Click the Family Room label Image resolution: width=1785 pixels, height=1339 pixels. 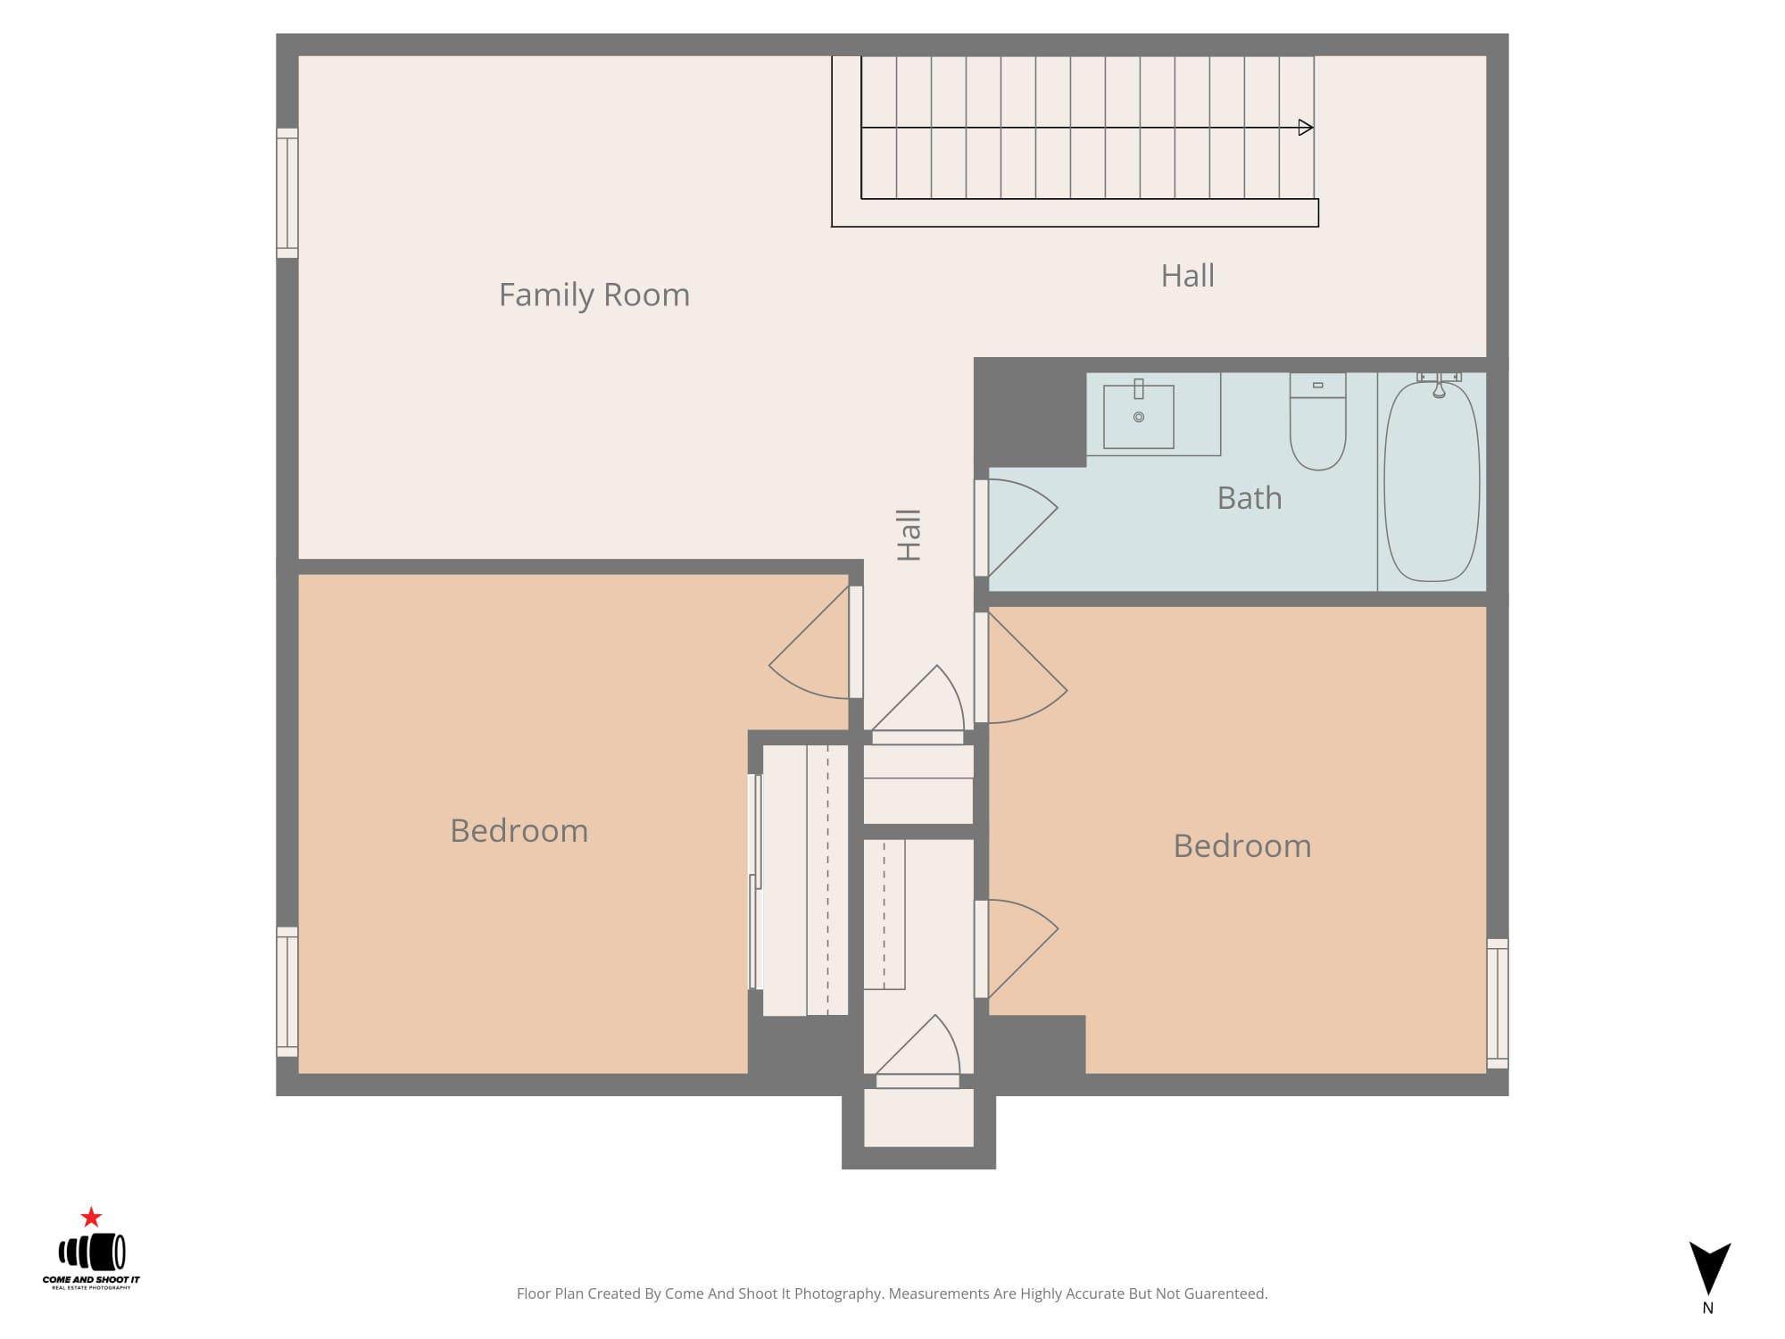pyautogui.click(x=594, y=295)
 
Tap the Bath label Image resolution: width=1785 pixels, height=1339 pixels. pyautogui.click(x=1249, y=498)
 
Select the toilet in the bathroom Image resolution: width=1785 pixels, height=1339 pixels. pyautogui.click(x=1317, y=421)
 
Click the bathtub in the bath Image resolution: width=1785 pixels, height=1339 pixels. pyautogui.click(x=1432, y=481)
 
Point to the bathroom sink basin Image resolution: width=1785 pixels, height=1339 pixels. pyautogui.click(x=1139, y=417)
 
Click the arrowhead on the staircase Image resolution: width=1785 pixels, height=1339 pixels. pyautogui.click(x=1306, y=128)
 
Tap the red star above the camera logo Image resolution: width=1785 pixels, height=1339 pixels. pyautogui.click(x=91, y=1217)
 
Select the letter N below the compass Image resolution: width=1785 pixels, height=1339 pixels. pyautogui.click(x=1707, y=1309)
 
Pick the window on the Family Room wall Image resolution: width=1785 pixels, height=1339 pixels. pyautogui.click(x=287, y=193)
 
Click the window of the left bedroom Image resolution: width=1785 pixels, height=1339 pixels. pyautogui.click(x=287, y=992)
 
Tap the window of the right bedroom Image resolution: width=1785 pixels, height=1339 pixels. pyautogui.click(x=1498, y=1003)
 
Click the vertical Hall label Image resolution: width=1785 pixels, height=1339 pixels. pyautogui.click(x=909, y=536)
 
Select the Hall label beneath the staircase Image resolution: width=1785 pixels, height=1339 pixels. pyautogui.click(x=1187, y=276)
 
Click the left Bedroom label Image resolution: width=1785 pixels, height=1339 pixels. pyautogui.click(x=519, y=831)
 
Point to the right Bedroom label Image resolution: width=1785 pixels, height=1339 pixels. pyautogui.click(x=1242, y=846)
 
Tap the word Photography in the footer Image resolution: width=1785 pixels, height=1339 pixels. pyautogui.click(x=838, y=1293)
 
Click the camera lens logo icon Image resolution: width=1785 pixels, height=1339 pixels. pyautogui.click(x=92, y=1252)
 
